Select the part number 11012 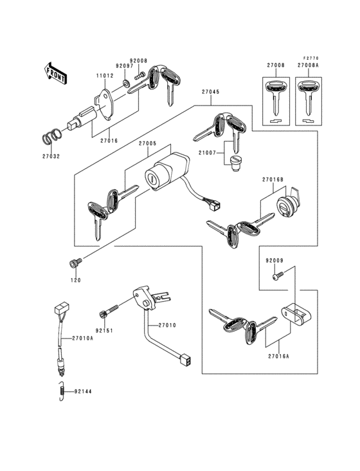point(105,77)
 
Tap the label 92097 point(124,66)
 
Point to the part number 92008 point(138,60)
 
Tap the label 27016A point(278,355)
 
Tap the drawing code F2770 point(312,57)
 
